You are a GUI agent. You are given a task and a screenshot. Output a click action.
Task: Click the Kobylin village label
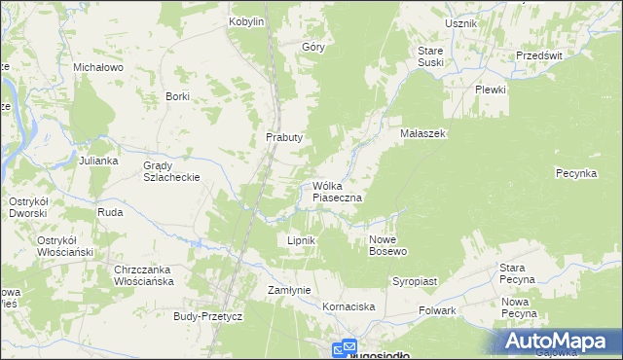pos(246,21)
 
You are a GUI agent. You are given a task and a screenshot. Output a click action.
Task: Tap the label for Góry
pos(312,46)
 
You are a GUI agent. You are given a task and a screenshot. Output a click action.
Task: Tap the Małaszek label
pos(422,133)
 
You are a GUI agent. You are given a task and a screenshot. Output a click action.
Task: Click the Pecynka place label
pos(575,173)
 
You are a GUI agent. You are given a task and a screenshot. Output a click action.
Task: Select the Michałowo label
pos(97,67)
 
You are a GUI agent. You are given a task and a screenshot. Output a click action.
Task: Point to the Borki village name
pos(177,96)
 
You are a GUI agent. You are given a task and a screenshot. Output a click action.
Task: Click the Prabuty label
pos(284,137)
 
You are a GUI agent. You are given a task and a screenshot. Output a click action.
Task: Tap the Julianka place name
pos(98,160)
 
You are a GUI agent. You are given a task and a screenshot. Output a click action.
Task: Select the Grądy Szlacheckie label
pos(171,171)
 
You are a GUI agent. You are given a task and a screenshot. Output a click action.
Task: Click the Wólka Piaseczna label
pos(338,192)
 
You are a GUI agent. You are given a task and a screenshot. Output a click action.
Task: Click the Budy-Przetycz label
pos(207,316)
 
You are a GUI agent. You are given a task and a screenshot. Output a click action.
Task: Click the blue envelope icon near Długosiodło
pos(347,348)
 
